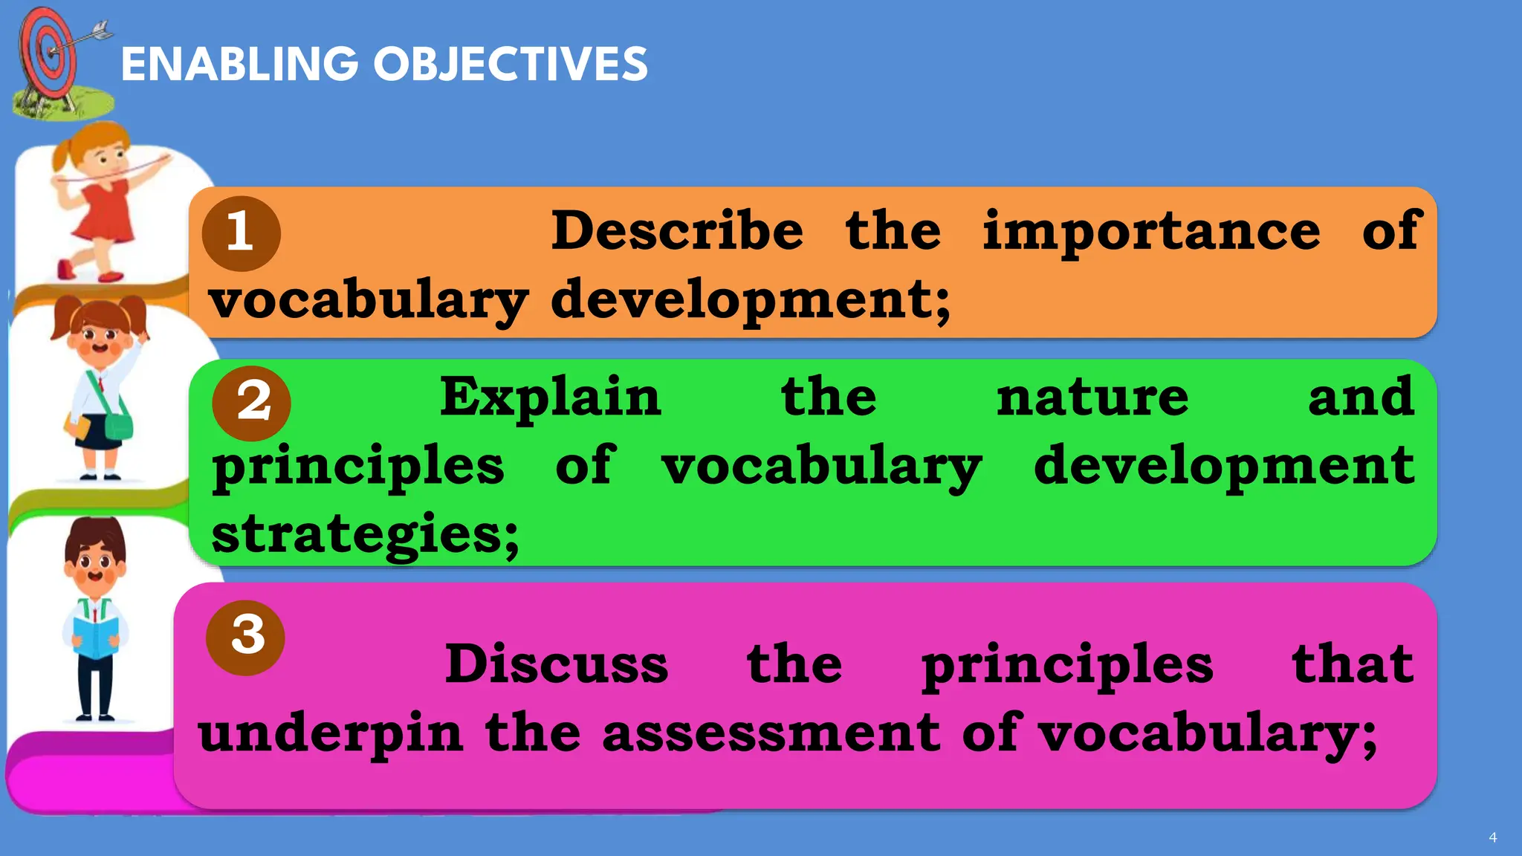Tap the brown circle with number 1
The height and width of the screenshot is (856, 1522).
pos(241,233)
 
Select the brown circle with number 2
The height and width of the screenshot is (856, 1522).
pos(251,403)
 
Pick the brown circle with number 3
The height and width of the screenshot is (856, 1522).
pos(245,637)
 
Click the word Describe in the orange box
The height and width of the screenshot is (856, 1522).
pos(676,230)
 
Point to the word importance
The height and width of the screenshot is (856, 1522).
pos(1151,232)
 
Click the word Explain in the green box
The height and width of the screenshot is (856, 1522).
pos(550,398)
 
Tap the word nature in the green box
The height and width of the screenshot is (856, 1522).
pos(1092,398)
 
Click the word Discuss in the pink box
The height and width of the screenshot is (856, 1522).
pos(556,664)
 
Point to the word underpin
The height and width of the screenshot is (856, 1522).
pos(331,733)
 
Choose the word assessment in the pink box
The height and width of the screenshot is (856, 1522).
pos(771,733)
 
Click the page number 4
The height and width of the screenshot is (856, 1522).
pos(1492,837)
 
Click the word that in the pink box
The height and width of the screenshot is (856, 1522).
pos(1352,664)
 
